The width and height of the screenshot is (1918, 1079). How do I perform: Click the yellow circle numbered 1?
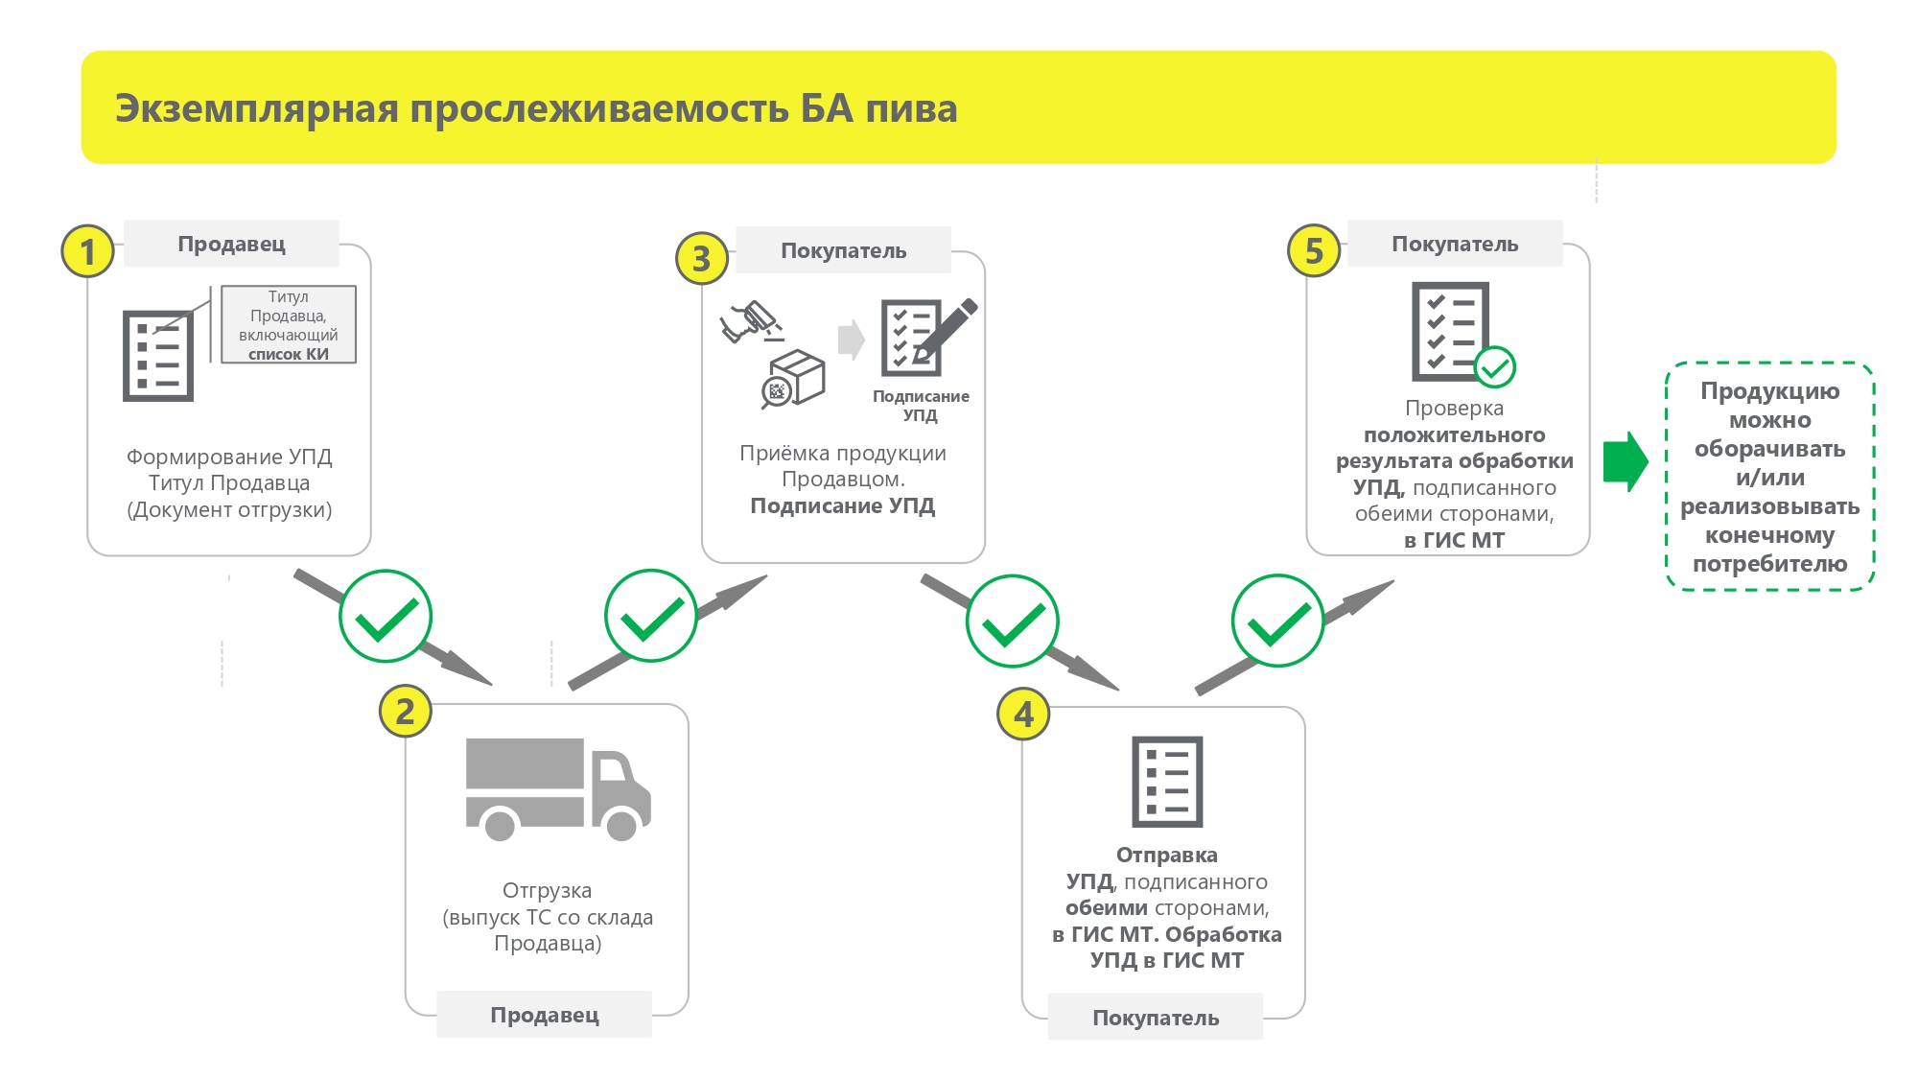click(x=88, y=251)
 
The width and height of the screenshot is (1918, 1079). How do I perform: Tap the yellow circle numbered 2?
click(x=405, y=712)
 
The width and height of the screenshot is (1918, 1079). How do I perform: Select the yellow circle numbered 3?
click(x=702, y=258)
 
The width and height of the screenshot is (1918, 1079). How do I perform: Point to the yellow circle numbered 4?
click(x=1024, y=715)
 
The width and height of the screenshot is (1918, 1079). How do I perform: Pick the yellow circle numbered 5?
click(x=1314, y=251)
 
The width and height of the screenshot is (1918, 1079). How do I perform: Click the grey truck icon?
click(x=556, y=786)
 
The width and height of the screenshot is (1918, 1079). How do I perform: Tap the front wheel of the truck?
click(x=621, y=825)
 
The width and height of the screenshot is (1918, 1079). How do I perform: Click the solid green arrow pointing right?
click(x=1625, y=461)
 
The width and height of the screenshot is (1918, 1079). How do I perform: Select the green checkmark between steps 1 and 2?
click(x=386, y=617)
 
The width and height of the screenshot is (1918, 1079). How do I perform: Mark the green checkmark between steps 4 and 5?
click(x=1277, y=622)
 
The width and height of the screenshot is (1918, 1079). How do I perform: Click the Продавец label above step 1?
click(x=231, y=244)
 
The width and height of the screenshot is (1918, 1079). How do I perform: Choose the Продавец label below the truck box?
click(x=544, y=1015)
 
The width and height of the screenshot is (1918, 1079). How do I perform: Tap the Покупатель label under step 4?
click(x=1156, y=1018)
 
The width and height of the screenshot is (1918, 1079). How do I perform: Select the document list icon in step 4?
click(x=1167, y=782)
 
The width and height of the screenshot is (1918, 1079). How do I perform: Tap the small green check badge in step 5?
click(x=1494, y=367)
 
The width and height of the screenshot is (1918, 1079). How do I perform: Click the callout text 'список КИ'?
click(x=289, y=354)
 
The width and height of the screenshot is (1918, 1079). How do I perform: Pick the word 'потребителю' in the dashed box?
click(x=1769, y=564)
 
